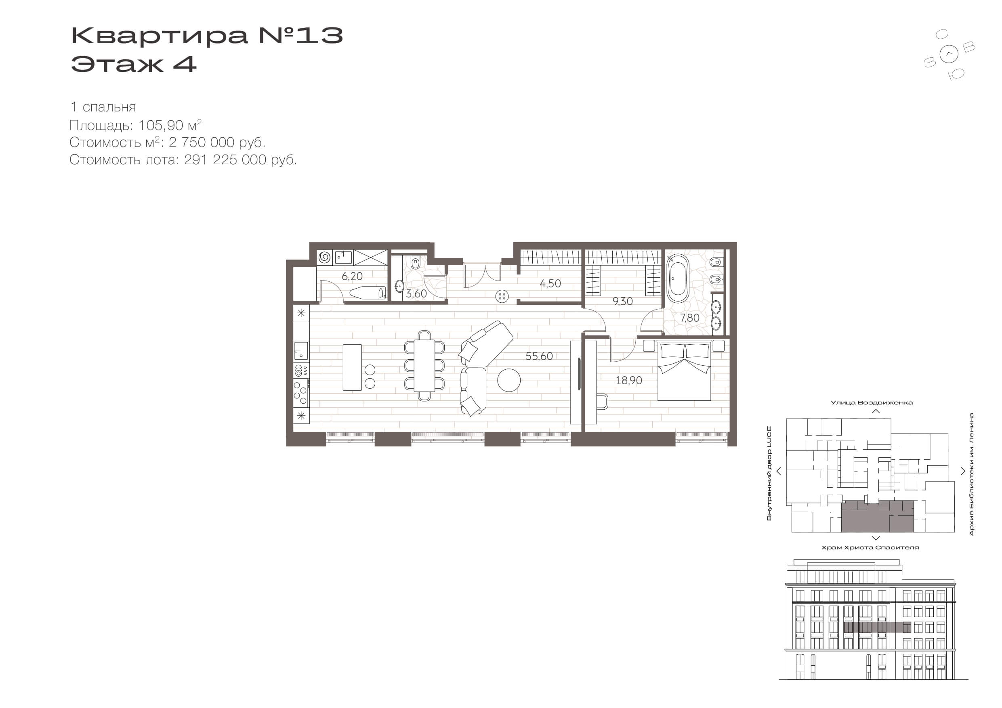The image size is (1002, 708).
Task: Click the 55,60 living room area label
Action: (x=539, y=356)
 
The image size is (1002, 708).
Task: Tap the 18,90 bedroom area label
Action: (x=629, y=380)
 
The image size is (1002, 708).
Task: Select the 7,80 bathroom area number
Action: (x=689, y=318)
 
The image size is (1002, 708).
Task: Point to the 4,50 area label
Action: (x=550, y=283)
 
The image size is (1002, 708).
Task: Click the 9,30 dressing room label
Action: (x=622, y=302)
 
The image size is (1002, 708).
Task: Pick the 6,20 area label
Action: (x=352, y=276)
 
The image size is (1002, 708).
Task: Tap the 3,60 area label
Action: (x=416, y=294)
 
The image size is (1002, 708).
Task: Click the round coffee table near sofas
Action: (x=509, y=380)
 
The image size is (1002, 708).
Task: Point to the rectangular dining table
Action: (x=424, y=366)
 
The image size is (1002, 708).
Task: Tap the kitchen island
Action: (x=352, y=367)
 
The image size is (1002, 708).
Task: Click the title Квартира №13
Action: (x=207, y=36)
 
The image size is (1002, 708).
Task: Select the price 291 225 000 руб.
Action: (x=240, y=160)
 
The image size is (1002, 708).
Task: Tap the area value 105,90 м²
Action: (x=170, y=126)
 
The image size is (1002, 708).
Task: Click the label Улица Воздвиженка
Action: (x=872, y=402)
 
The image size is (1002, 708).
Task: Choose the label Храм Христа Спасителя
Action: (x=870, y=547)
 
